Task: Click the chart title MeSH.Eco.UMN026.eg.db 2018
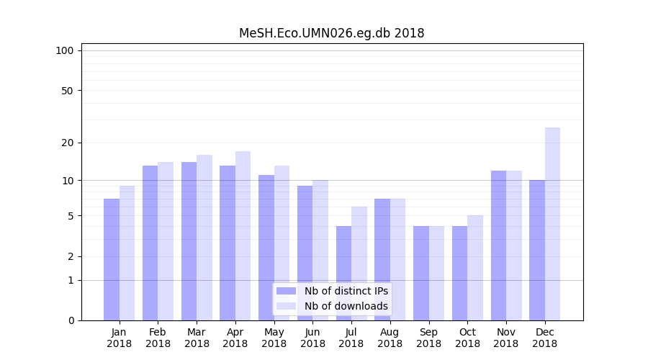click(x=331, y=33)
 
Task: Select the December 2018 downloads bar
click(x=552, y=224)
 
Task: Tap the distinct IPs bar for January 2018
click(x=112, y=259)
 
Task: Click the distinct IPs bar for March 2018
click(x=189, y=241)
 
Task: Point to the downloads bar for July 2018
click(x=359, y=264)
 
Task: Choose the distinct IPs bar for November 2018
click(x=498, y=246)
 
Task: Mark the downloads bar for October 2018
click(x=474, y=268)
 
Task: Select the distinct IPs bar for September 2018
click(x=421, y=274)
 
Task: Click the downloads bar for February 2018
click(x=166, y=241)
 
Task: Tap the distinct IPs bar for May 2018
click(x=266, y=248)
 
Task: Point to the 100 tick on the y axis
click(x=65, y=50)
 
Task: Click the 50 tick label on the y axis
click(x=67, y=91)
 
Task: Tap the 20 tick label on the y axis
click(x=67, y=143)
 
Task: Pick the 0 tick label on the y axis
click(x=70, y=320)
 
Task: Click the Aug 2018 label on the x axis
click(x=390, y=338)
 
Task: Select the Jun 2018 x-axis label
click(x=312, y=338)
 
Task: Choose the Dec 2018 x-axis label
click(x=544, y=338)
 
